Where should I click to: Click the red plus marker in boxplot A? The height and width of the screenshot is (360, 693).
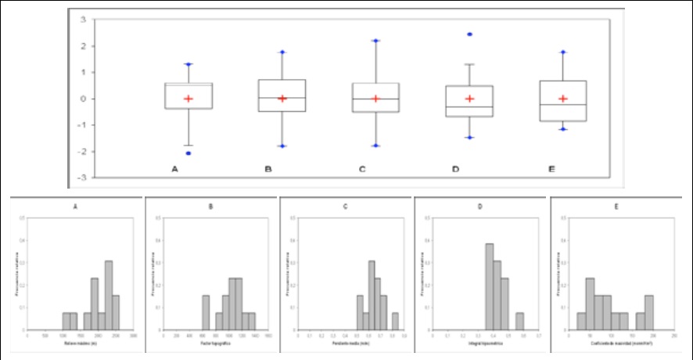[189, 99]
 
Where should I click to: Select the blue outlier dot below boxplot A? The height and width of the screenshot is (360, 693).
[189, 153]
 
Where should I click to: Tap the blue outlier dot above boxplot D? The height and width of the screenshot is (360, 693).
[469, 34]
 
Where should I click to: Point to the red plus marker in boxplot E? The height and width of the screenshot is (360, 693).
[563, 99]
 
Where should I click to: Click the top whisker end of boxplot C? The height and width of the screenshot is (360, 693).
[376, 41]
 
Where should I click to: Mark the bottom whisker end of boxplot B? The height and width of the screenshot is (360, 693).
[282, 146]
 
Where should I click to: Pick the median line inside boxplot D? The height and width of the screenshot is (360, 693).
[469, 106]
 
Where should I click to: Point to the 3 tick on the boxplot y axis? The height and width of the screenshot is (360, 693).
[83, 20]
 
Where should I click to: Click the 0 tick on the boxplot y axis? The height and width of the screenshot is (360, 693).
[83, 99]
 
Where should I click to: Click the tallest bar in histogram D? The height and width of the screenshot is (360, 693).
[490, 286]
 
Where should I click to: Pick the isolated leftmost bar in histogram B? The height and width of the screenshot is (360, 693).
[206, 312]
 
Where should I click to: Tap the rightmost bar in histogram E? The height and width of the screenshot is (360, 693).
[648, 312]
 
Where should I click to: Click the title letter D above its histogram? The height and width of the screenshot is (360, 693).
[479, 209]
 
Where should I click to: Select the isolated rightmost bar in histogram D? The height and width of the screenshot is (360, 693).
[519, 321]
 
